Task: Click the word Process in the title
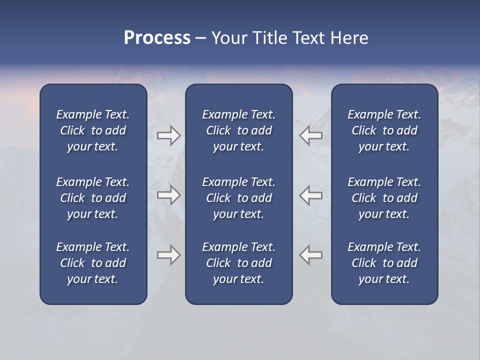(x=157, y=38)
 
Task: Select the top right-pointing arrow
(x=168, y=135)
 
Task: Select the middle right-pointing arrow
(x=168, y=195)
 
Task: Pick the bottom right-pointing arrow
(x=168, y=255)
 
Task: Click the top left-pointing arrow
(x=311, y=135)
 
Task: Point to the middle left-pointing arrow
(x=311, y=195)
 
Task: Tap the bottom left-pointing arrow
(x=311, y=255)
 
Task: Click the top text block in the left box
(x=93, y=130)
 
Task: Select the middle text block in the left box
(x=93, y=198)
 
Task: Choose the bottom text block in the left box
(x=93, y=263)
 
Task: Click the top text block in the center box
(x=238, y=130)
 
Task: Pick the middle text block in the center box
(x=238, y=198)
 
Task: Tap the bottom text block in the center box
(x=238, y=263)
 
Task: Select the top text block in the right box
(x=384, y=130)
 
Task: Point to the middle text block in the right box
(x=384, y=198)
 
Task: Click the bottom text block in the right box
(x=384, y=263)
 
